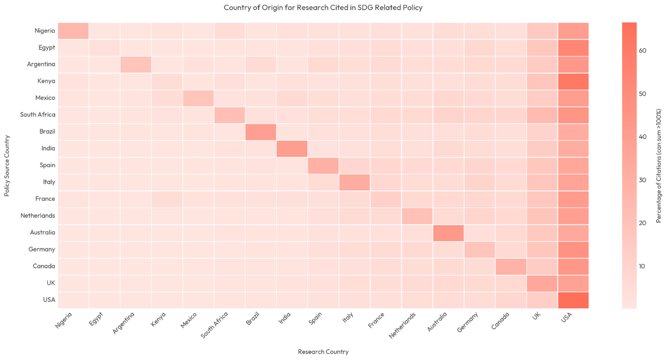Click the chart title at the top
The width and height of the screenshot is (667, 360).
323,8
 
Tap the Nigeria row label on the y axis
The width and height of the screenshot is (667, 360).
45,31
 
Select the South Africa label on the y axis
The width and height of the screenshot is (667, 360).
38,115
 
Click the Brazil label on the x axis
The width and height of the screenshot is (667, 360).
253,319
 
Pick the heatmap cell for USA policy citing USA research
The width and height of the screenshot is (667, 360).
573,300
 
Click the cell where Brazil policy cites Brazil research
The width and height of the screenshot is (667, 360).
261,132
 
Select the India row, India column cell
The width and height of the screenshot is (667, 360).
292,148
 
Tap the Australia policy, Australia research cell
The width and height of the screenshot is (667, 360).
448,233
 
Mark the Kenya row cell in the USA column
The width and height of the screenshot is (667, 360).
573,81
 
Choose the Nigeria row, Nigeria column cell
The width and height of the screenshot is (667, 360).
73,31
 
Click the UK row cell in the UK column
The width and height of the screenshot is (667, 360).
542,283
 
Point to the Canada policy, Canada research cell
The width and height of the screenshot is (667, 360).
511,266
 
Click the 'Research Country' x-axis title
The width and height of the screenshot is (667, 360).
323,352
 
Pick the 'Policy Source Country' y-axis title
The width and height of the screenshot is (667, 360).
7,165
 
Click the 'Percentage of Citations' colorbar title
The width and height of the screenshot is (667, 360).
659,165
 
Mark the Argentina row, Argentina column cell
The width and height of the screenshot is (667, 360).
136,64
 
